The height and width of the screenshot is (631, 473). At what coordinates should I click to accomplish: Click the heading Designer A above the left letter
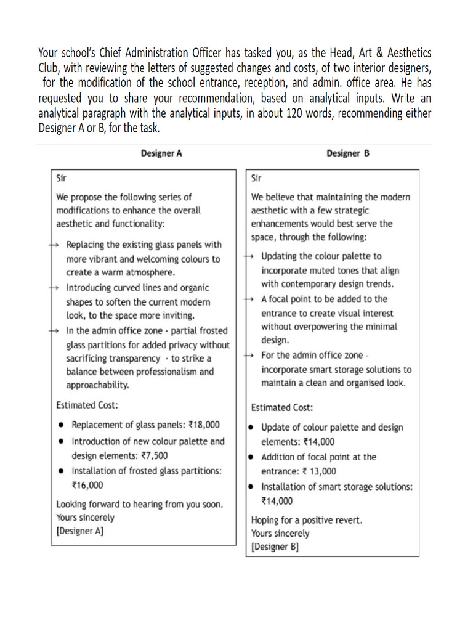tap(161, 153)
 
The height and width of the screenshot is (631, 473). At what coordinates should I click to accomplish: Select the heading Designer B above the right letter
tap(348, 153)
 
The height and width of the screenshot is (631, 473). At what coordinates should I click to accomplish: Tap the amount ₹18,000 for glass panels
tap(204, 425)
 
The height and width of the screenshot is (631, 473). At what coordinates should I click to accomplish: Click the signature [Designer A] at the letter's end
tap(79, 531)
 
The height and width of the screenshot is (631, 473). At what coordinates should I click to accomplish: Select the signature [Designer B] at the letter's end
tap(275, 547)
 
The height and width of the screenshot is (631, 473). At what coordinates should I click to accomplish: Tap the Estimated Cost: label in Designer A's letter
tap(87, 405)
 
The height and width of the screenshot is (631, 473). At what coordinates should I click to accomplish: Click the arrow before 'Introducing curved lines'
tap(54, 288)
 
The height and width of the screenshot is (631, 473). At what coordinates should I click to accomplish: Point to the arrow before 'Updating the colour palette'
tap(249, 256)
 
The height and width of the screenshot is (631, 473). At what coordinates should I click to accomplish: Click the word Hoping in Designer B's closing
tap(265, 520)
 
